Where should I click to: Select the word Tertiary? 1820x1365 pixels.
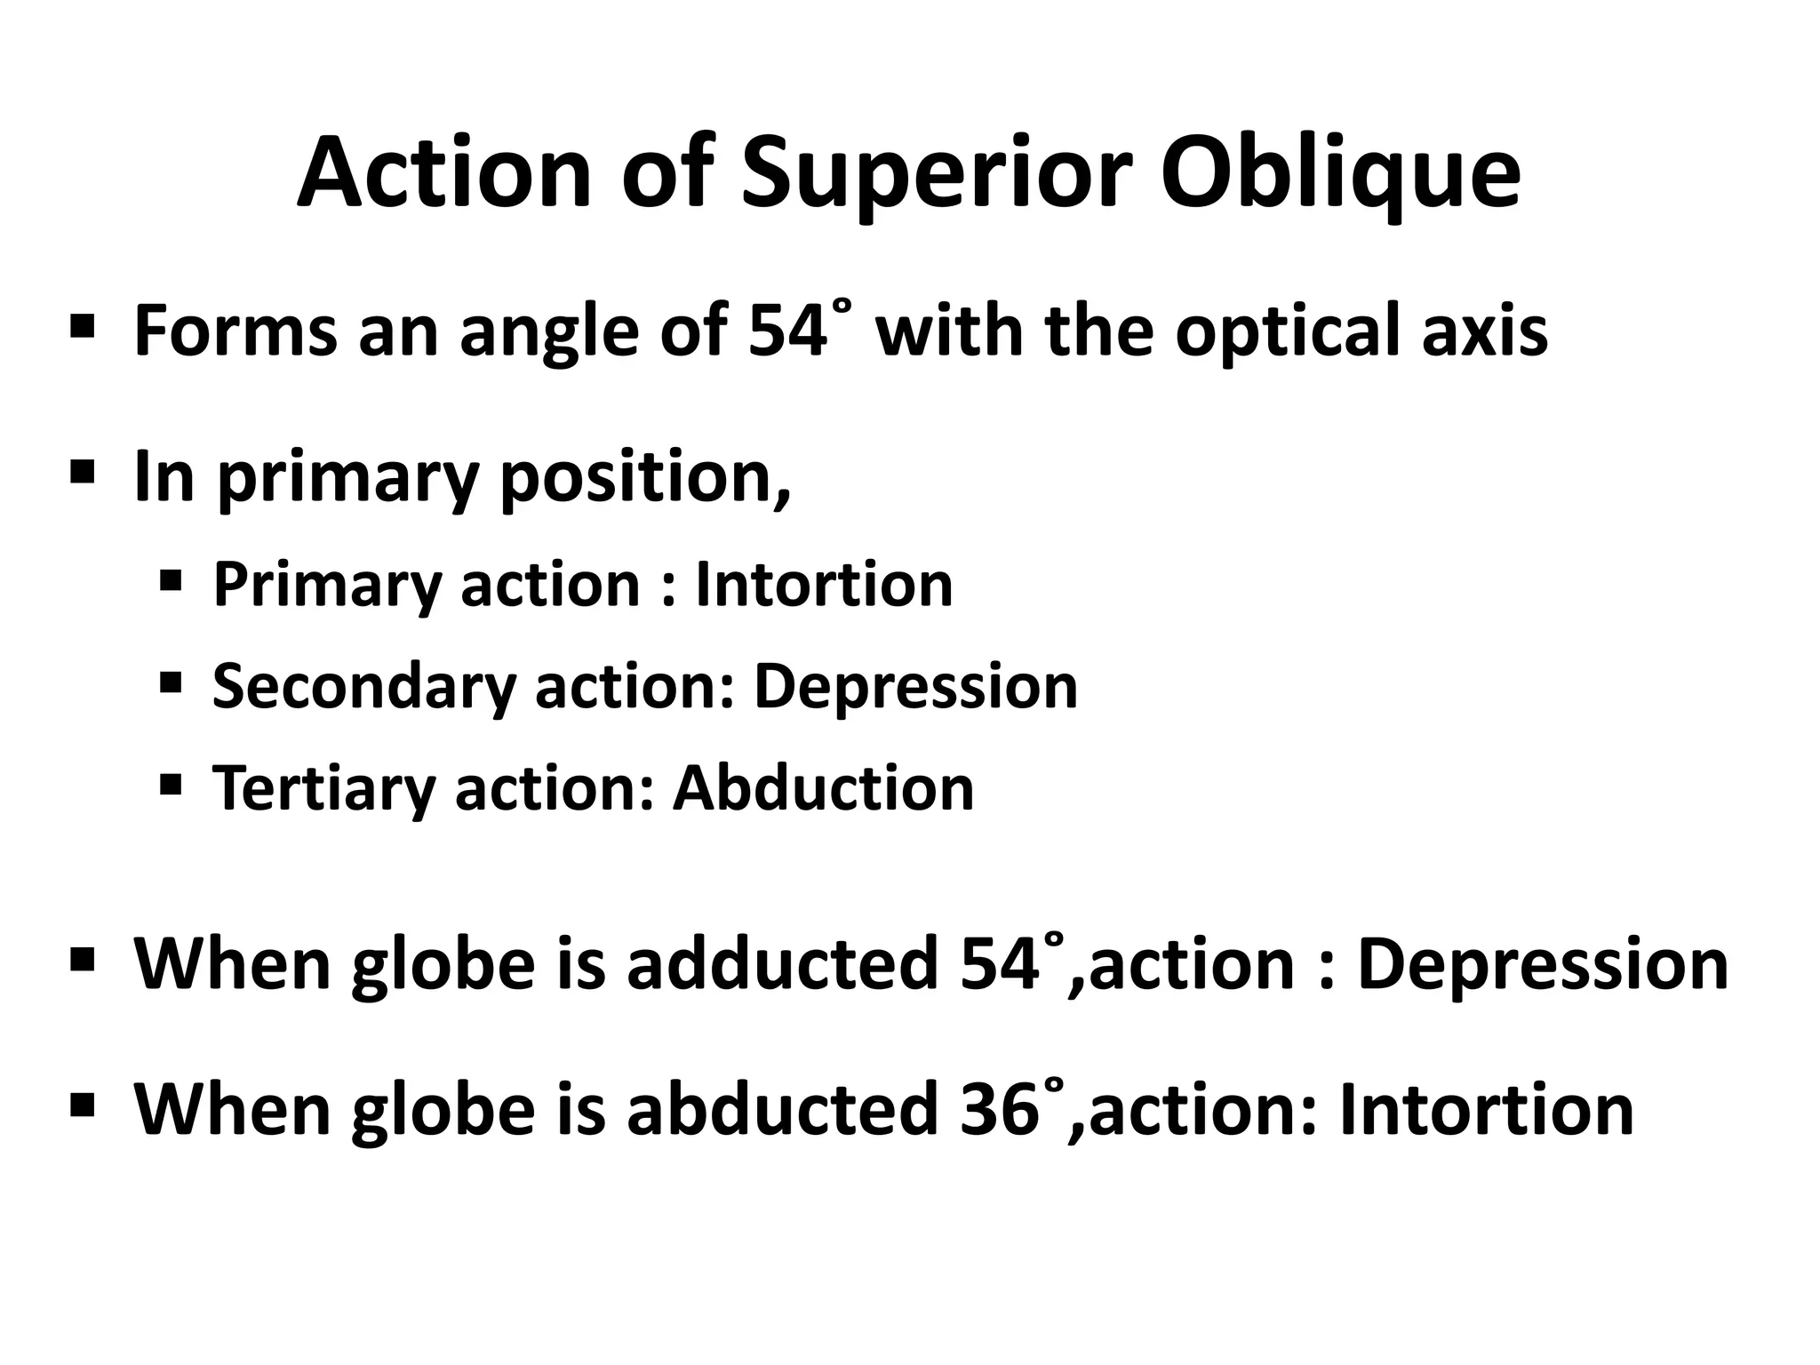(323, 789)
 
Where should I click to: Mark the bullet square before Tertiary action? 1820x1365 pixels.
(171, 784)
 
